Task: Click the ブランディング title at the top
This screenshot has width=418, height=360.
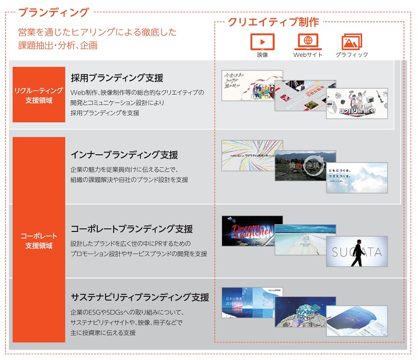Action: pos(54,11)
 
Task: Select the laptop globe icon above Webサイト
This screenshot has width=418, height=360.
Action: pos(308,41)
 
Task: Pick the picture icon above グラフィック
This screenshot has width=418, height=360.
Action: pos(352,42)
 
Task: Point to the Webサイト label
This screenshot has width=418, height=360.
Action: pos(308,55)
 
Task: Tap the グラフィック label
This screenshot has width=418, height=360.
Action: pos(352,55)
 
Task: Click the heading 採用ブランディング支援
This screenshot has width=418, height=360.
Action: pos(117,78)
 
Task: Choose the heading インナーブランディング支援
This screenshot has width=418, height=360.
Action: pos(124,155)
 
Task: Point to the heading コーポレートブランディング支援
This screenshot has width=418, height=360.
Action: pos(132,229)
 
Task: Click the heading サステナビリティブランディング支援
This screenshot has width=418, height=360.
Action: pos(140,298)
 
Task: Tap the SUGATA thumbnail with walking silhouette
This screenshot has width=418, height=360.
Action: pos(357,251)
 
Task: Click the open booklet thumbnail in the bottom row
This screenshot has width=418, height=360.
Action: pos(357,321)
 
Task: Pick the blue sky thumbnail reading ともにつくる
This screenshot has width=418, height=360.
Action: pos(357,178)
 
